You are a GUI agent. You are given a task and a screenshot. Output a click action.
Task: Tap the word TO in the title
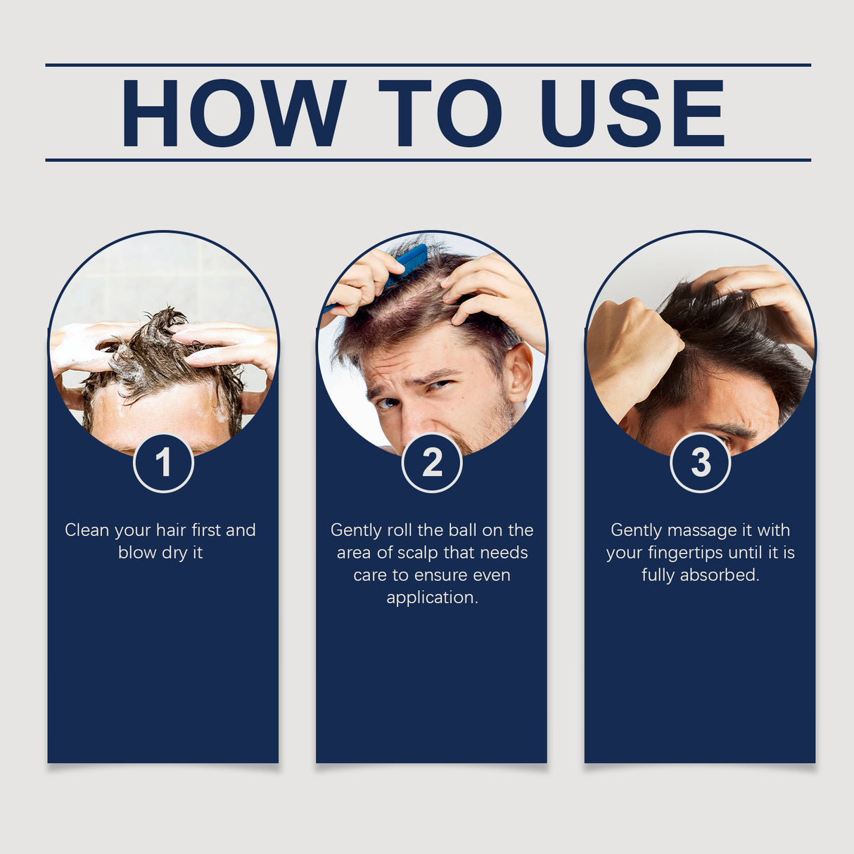click(x=440, y=113)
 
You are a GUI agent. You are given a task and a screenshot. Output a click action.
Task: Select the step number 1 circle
click(x=163, y=463)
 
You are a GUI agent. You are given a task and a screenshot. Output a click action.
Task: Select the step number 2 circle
click(x=432, y=463)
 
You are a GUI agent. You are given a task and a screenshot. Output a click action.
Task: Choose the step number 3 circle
click(x=701, y=463)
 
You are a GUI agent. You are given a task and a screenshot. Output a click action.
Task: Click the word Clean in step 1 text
click(x=87, y=530)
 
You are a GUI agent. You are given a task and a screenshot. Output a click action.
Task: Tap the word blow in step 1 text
click(x=137, y=553)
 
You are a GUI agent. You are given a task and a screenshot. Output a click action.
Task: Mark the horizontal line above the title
click(x=428, y=65)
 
